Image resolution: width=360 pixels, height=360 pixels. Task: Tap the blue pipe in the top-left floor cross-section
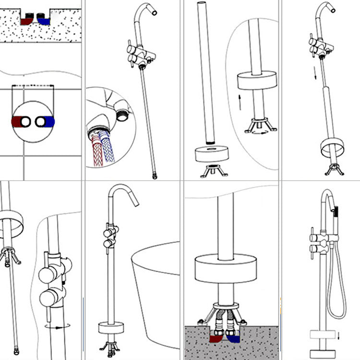[x=44, y=21]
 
